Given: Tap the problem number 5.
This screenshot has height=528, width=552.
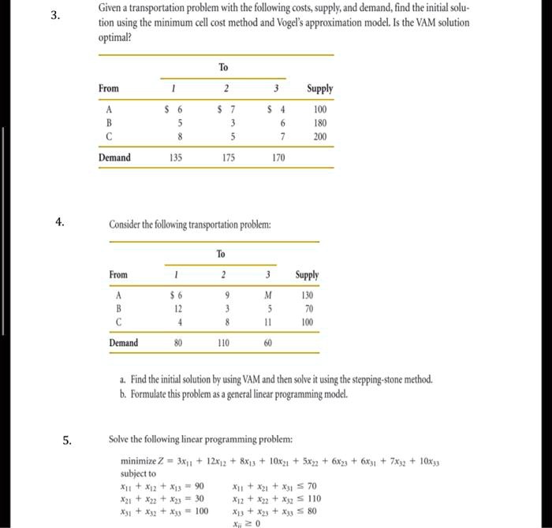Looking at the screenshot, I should click(67, 439).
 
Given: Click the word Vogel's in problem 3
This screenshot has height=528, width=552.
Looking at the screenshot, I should click(332, 22).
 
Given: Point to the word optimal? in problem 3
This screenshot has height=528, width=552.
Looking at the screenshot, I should click(115, 37).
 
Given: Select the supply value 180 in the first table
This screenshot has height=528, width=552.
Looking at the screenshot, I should click(319, 123).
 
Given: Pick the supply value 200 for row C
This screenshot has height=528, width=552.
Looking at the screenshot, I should click(319, 136).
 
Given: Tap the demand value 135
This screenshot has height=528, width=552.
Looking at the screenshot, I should click(177, 158).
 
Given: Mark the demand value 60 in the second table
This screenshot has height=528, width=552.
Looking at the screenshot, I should click(267, 343).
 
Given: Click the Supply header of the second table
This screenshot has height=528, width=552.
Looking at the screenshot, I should click(307, 274).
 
